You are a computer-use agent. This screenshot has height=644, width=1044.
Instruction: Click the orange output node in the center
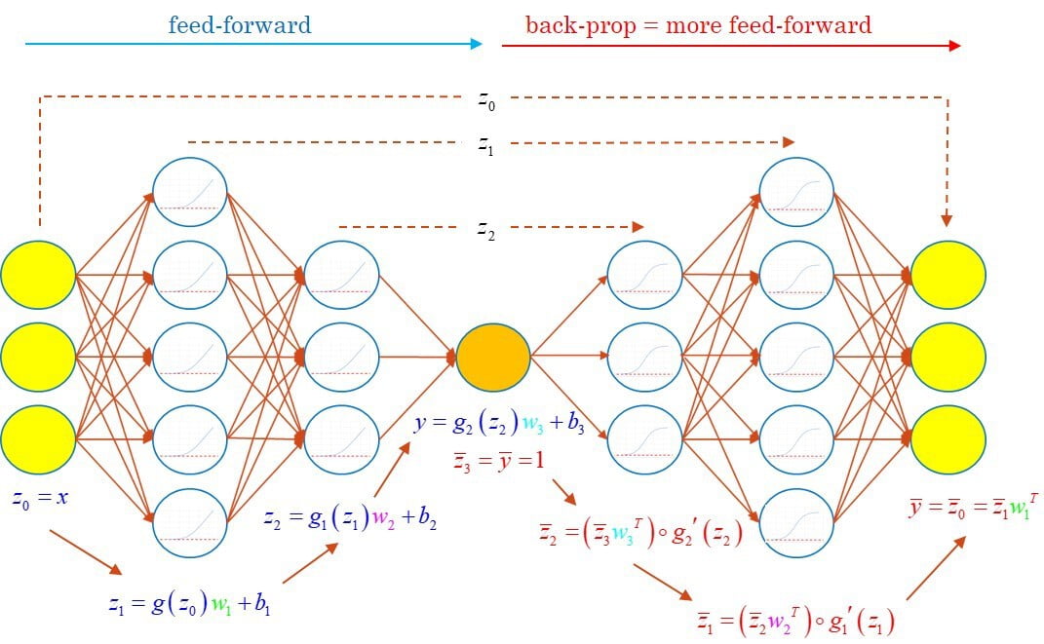point(492,357)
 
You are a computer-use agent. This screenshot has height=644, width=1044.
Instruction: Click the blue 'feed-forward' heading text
point(240,25)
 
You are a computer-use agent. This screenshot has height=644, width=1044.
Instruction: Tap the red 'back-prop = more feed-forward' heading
point(699,25)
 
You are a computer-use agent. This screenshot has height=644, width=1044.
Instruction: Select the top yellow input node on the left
point(38,275)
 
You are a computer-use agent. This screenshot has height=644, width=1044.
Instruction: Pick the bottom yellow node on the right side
point(948,439)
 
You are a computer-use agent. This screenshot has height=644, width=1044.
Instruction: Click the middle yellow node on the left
point(38,358)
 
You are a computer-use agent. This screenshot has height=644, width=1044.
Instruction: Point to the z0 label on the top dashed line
point(486,100)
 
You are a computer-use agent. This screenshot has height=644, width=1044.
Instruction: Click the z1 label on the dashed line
point(486,144)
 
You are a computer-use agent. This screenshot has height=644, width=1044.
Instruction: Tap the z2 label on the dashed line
point(486,230)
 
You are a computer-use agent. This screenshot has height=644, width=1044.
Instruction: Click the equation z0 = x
point(40,499)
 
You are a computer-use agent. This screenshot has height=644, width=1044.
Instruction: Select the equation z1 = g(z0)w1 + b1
point(190,603)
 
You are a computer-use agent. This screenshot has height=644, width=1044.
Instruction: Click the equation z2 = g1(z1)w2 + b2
point(350,518)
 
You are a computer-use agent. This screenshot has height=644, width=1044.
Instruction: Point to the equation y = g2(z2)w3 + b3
point(499,424)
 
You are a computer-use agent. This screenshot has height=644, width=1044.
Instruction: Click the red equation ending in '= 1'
point(499,461)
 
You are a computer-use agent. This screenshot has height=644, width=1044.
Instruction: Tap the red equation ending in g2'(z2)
point(640,533)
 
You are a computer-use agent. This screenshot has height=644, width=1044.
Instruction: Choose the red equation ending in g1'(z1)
point(795,620)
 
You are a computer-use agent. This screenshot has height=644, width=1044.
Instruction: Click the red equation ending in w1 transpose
point(974,507)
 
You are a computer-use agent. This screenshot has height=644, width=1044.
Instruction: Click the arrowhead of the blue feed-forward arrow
point(476,44)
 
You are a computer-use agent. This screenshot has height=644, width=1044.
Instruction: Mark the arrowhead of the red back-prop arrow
point(954,46)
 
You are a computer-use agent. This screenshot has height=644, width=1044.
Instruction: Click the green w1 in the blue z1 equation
point(221,605)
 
